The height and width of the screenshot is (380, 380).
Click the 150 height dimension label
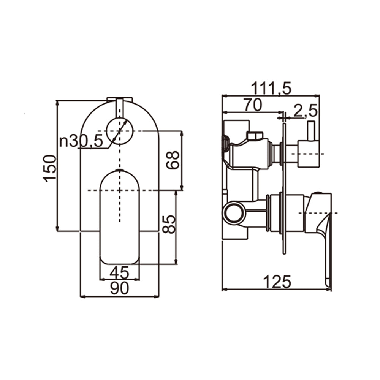pos(50,168)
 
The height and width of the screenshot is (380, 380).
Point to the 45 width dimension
pos(119,272)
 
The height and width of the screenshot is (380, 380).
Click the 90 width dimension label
pos(119,289)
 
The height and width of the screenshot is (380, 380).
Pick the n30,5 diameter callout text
pos(81,142)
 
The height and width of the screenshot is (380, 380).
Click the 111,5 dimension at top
pos(271,89)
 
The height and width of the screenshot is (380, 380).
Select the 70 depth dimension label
pos(253,105)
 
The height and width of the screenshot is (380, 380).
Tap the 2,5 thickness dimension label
pos(305,111)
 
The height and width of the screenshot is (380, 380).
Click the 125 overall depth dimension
pos(277,282)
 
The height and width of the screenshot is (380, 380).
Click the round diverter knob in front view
pos(119,131)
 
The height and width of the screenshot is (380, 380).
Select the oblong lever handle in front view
pos(119,217)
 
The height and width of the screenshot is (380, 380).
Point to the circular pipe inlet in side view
pos(233,213)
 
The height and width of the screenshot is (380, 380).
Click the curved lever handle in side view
pos(321,228)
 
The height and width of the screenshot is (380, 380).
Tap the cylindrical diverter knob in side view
pos(308,154)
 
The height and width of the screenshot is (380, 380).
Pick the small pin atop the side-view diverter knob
pos(311,131)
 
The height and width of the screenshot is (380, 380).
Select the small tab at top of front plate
pos(119,100)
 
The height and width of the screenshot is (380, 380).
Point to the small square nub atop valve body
pos(254,135)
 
